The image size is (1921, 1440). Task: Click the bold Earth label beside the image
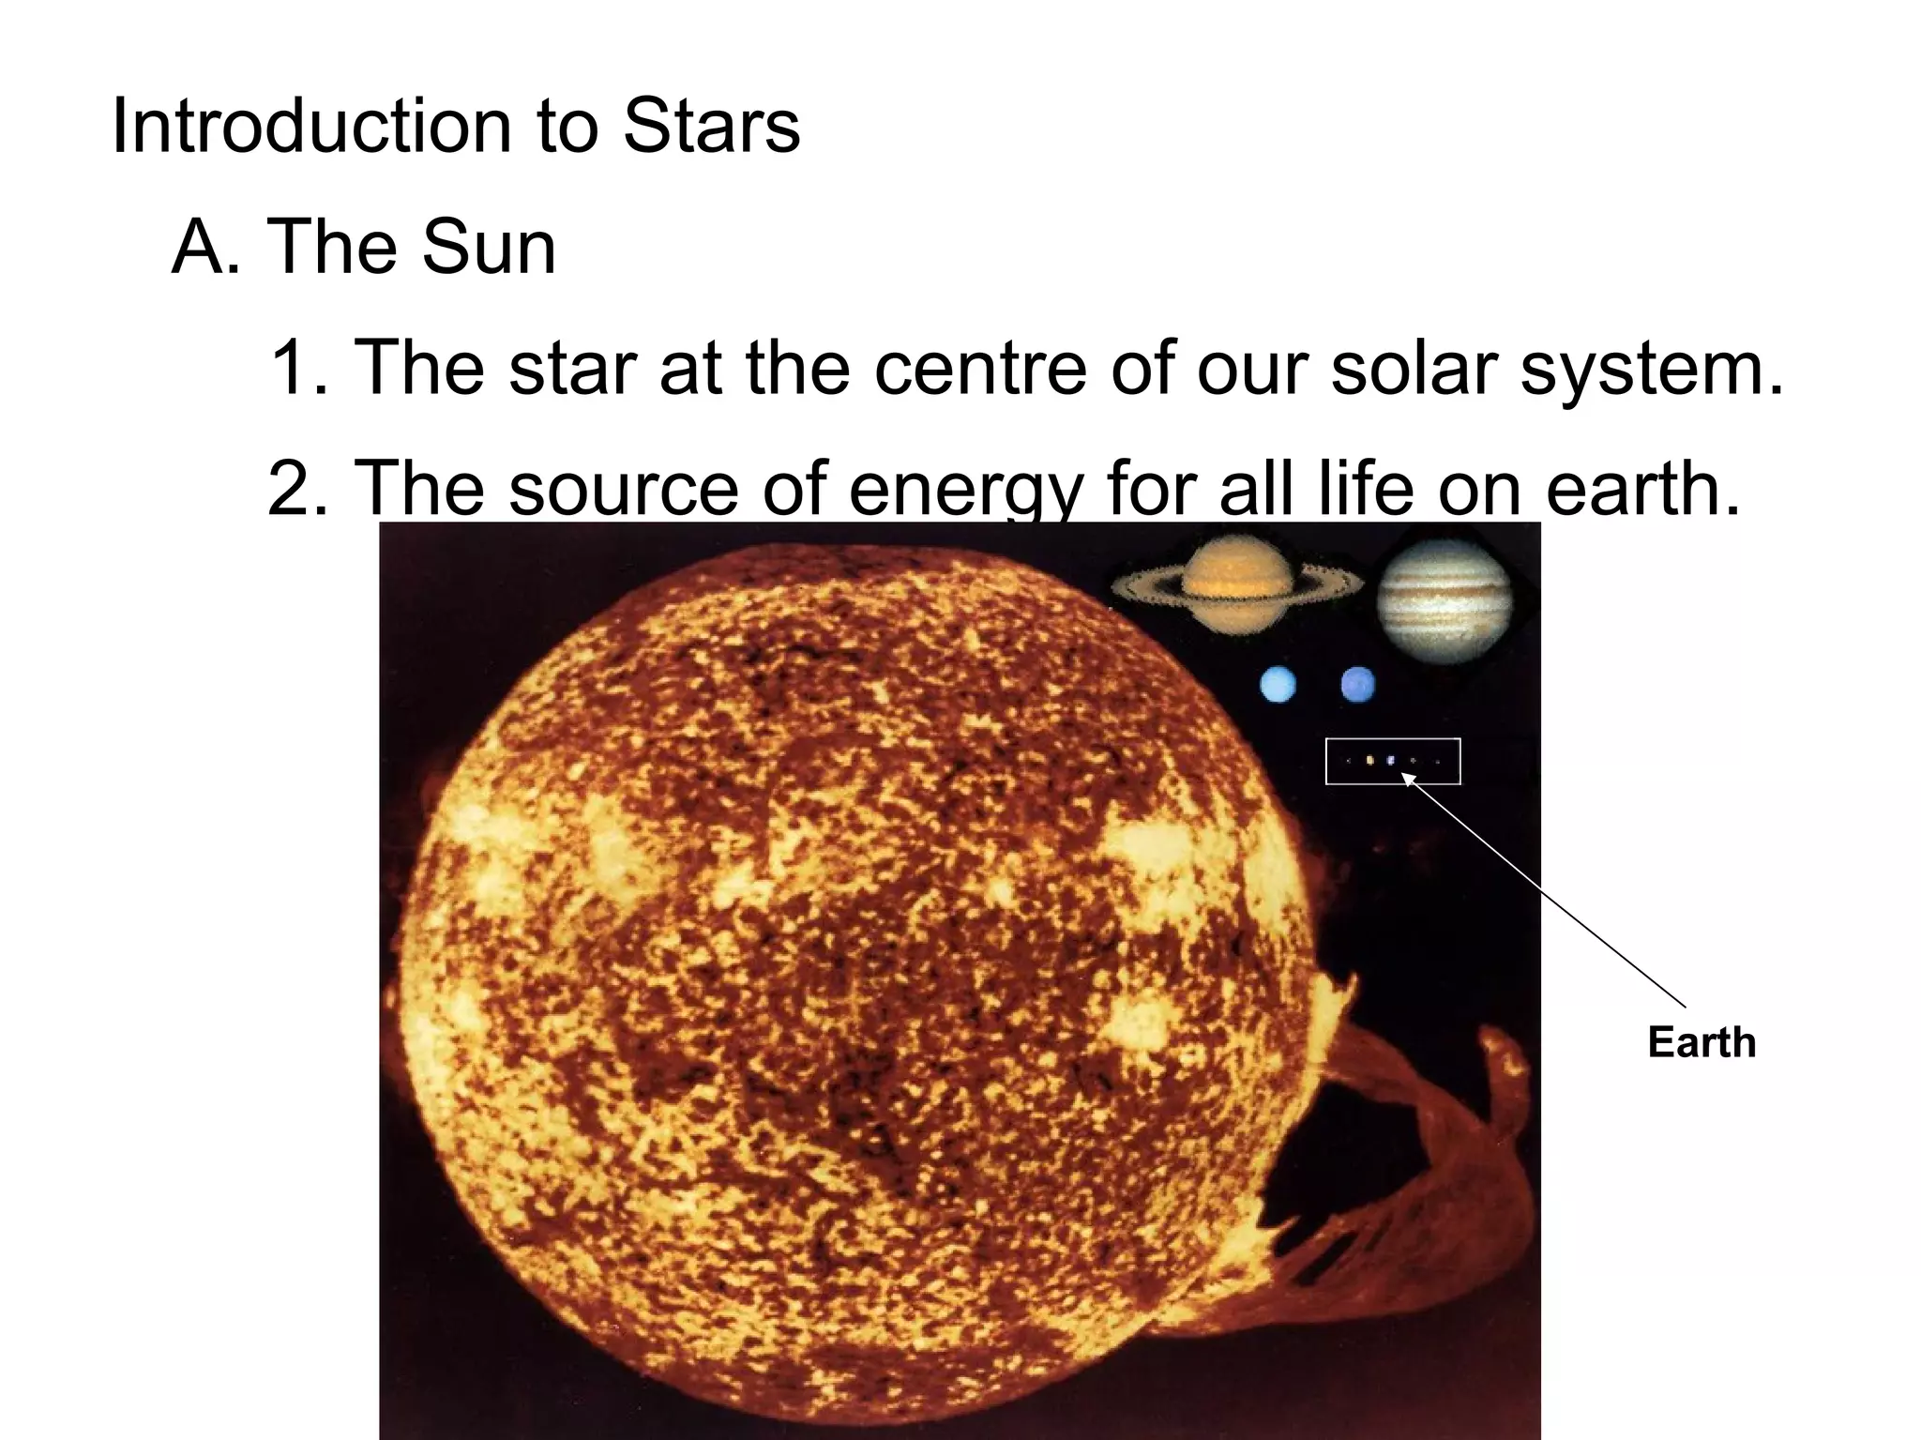point(1702,1042)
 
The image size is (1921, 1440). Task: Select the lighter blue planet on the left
point(1278,684)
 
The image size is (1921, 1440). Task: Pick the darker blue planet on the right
point(1358,684)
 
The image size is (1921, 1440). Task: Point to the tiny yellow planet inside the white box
point(1370,761)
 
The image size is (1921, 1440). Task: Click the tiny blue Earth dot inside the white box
point(1391,761)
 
